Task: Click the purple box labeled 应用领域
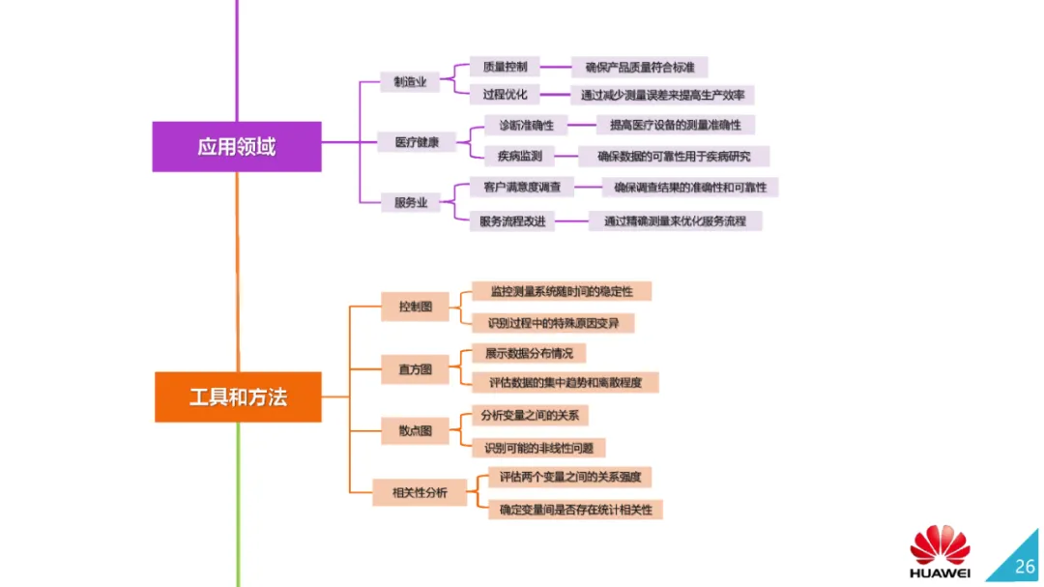237,147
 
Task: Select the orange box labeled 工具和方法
238,396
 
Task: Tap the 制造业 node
409,83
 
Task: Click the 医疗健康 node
417,142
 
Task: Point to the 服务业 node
410,202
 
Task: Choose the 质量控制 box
505,67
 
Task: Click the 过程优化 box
505,95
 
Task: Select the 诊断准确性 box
526,125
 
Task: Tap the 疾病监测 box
520,156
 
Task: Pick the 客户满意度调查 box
522,187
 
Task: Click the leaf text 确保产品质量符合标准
640,67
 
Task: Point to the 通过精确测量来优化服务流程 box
675,220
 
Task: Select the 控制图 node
416,307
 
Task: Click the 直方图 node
416,368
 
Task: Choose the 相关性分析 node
420,493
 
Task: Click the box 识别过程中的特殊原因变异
553,322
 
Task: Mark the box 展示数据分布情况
529,353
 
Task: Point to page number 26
1024,566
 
